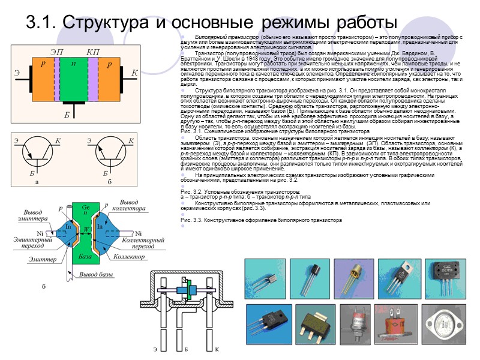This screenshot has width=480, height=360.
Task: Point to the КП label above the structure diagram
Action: tap(92, 52)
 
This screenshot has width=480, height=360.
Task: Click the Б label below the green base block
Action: tap(68, 114)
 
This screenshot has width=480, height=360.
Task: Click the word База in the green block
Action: tap(85, 256)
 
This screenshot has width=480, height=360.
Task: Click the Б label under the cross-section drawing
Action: tap(186, 349)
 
